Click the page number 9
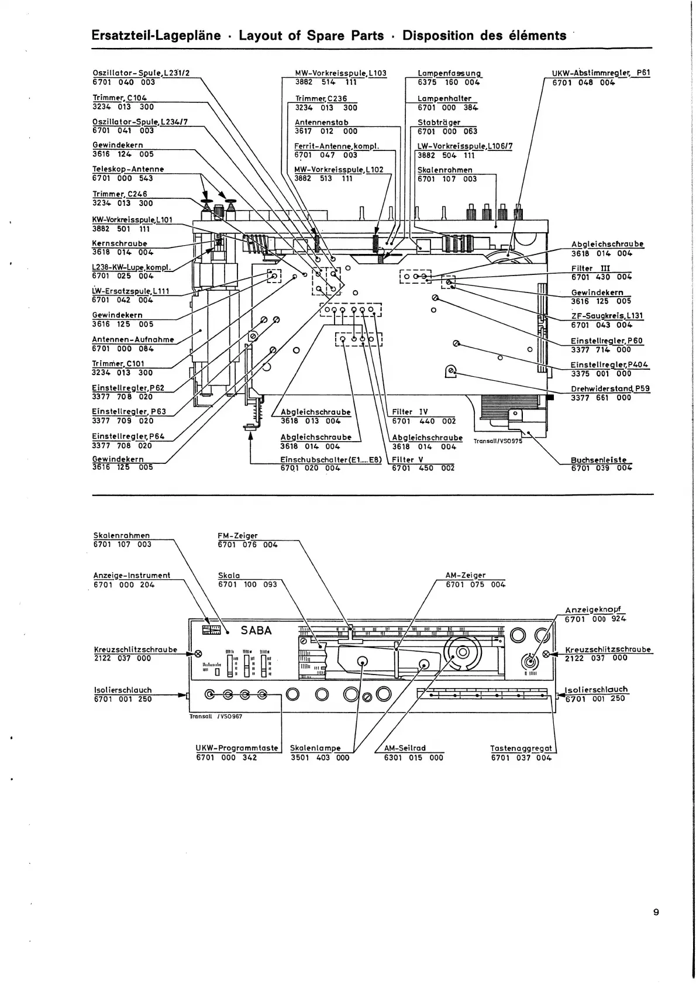pyautogui.click(x=656, y=911)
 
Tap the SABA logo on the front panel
pyautogui.click(x=256, y=630)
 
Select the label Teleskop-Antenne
pyautogui.click(x=128, y=169)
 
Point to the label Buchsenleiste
pyautogui.click(x=598, y=459)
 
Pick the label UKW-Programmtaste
pyautogui.click(x=237, y=748)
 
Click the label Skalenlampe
pyautogui.click(x=315, y=748)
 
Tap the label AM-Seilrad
pyautogui.click(x=405, y=748)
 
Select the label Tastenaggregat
pyautogui.click(x=521, y=748)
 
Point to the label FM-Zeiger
pyautogui.click(x=237, y=535)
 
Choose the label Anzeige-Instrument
pyautogui.click(x=132, y=575)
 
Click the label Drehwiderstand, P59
pyautogui.click(x=610, y=388)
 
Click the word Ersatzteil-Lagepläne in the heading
pyautogui.click(x=157, y=35)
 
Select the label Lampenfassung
pyautogui.click(x=449, y=73)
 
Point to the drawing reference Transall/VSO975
pyautogui.click(x=498, y=441)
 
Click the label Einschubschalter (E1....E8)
pyautogui.click(x=330, y=459)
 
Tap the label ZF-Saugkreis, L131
pyautogui.click(x=607, y=315)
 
